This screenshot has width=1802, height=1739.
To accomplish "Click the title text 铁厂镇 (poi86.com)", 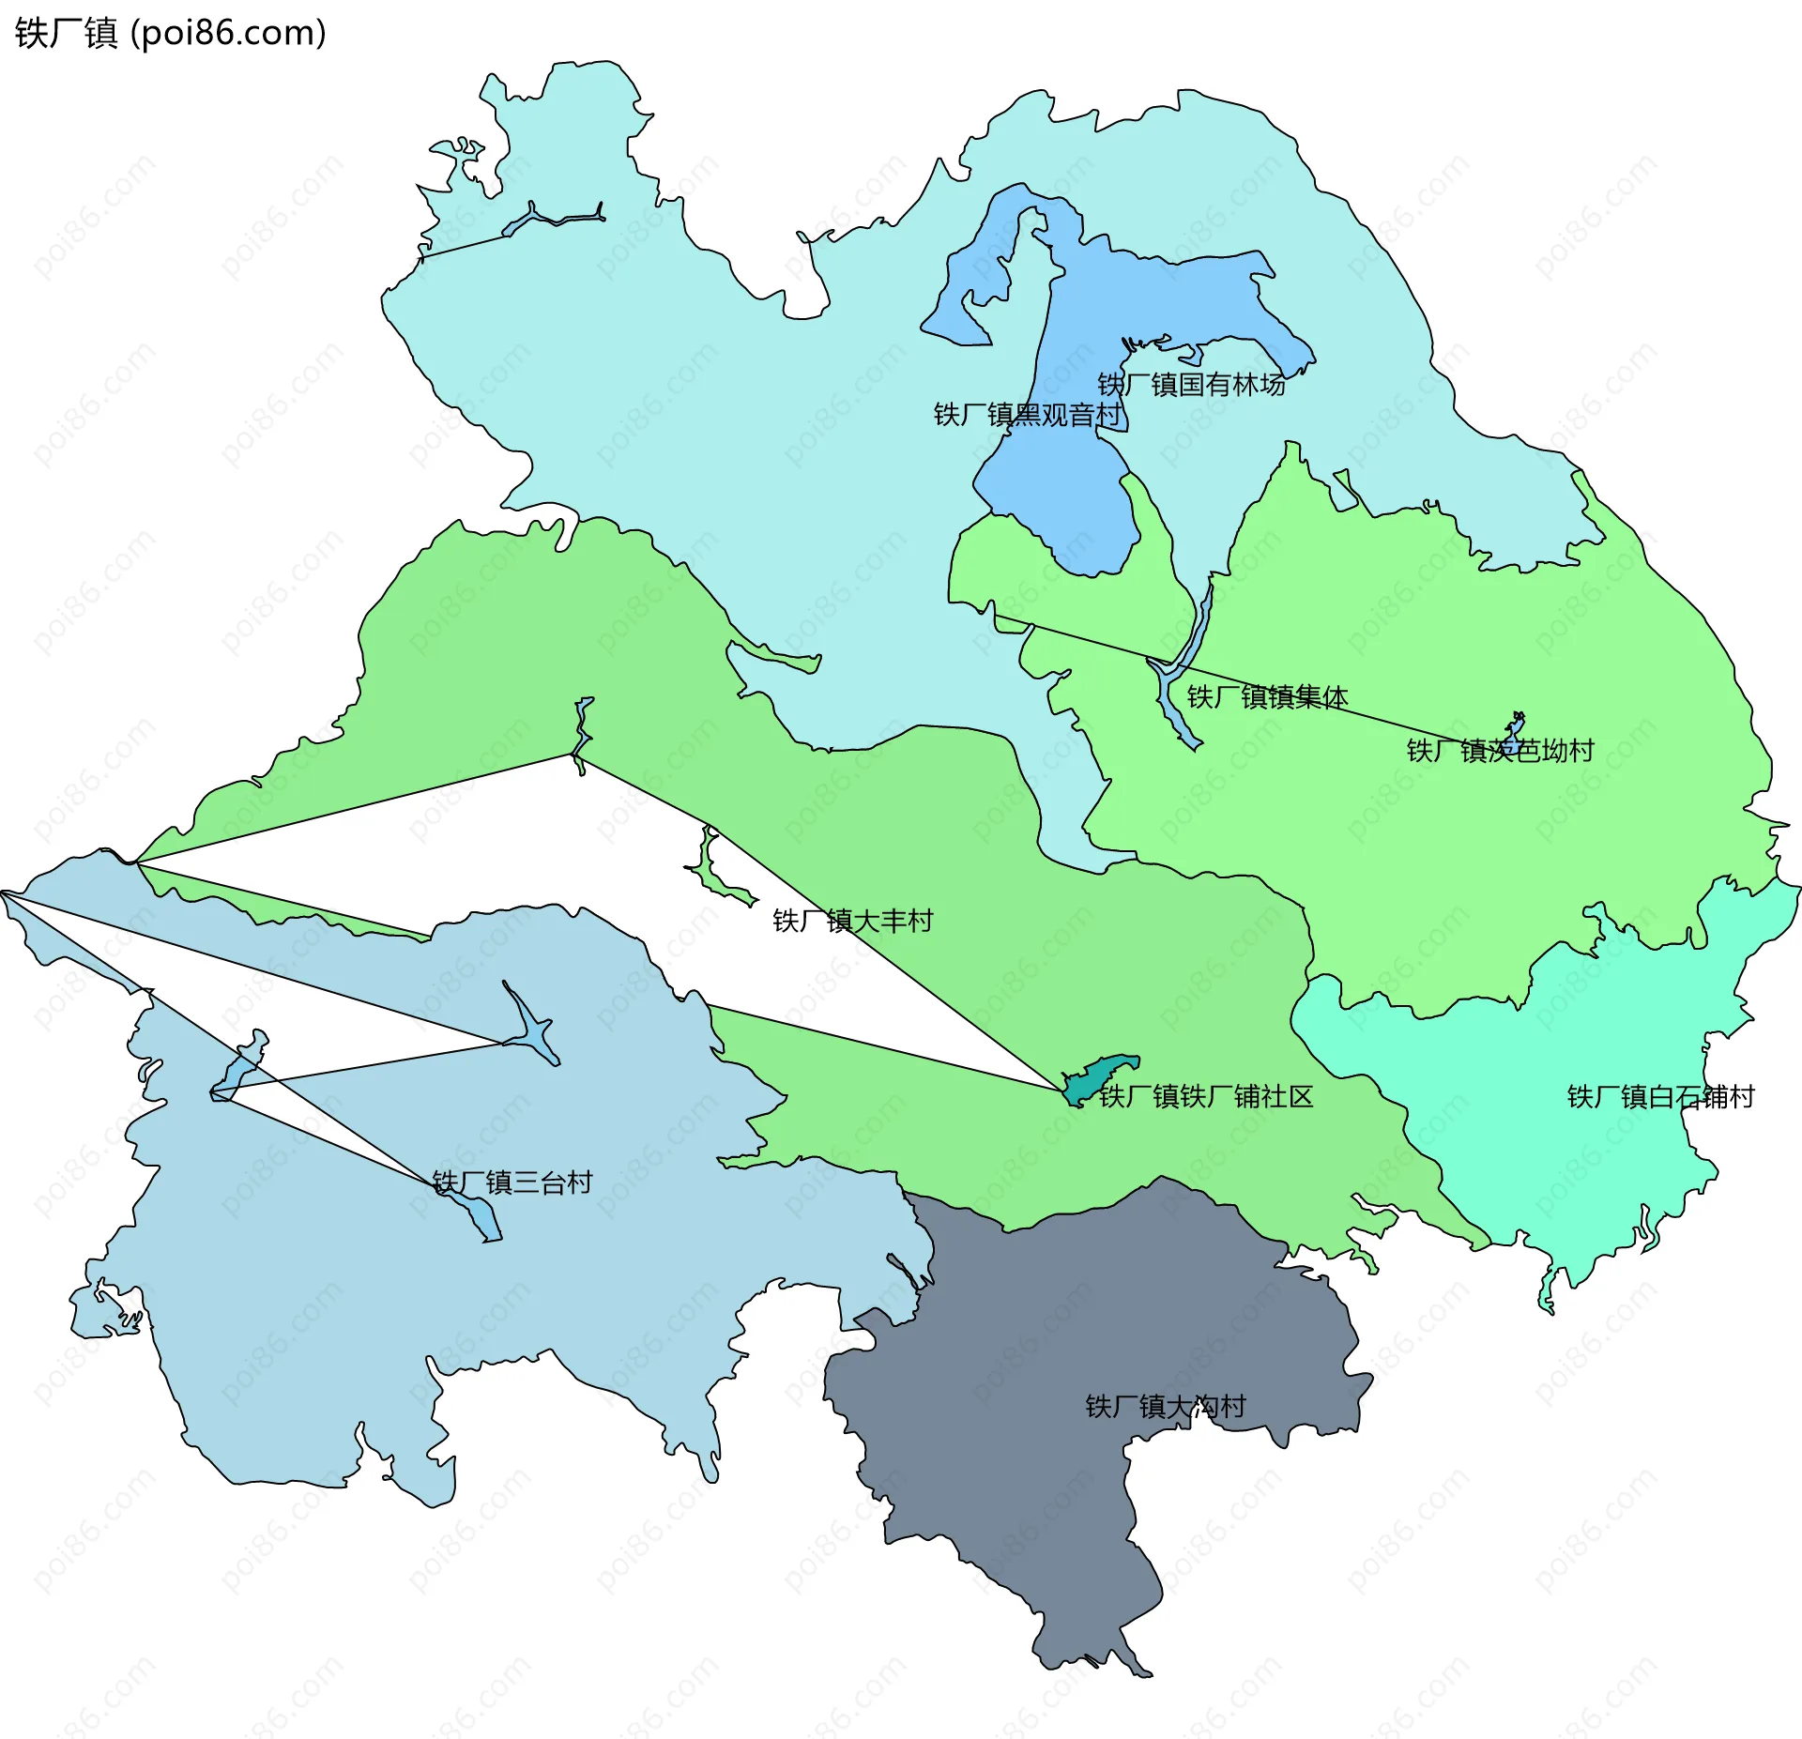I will click(170, 33).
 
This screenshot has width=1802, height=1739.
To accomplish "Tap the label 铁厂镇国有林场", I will click(1191, 385).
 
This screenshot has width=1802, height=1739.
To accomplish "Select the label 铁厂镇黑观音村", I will click(1028, 415).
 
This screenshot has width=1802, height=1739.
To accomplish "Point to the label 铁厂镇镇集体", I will click(1267, 697).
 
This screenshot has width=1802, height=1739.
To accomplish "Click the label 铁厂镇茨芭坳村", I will click(1500, 751).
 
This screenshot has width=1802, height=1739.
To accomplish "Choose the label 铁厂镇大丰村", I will click(852, 921).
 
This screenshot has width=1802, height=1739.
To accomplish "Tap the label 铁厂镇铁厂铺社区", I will click(1206, 1096).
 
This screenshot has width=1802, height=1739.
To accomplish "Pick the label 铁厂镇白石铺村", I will click(1660, 1096).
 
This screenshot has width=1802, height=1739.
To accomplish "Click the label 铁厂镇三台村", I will click(512, 1182).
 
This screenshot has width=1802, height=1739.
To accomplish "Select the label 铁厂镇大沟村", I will click(1166, 1406).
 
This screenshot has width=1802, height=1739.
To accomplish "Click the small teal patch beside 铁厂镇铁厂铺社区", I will click(1098, 1076).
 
